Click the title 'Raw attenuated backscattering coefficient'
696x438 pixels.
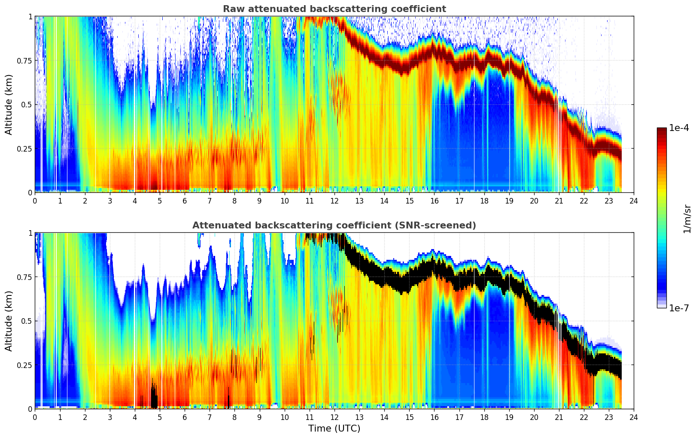click(334, 9)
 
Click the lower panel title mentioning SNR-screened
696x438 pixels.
click(334, 225)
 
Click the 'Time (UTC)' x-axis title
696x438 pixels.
click(334, 429)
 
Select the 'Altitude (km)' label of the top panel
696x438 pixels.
click(9, 104)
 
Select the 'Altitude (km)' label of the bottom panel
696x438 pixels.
click(9, 321)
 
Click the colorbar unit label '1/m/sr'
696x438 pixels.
click(687, 219)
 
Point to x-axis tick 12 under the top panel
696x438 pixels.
click(334, 201)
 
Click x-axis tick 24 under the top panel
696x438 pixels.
click(634, 201)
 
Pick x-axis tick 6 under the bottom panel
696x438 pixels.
click(185, 417)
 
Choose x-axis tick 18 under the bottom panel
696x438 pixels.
click(484, 417)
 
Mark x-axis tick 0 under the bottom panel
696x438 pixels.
click(35, 417)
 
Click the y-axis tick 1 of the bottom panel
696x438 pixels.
click(30, 233)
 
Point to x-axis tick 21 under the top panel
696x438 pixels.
click(559, 201)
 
